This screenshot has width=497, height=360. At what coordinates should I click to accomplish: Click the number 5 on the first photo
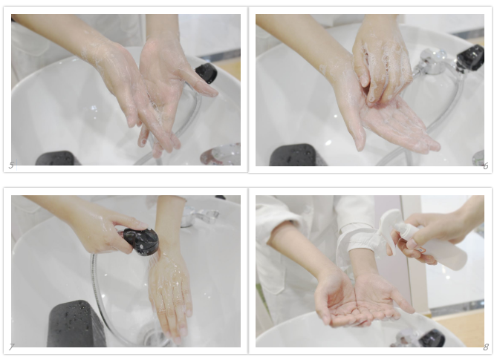click(x=11, y=165)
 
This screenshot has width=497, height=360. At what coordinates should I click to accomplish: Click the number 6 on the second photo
click(x=486, y=166)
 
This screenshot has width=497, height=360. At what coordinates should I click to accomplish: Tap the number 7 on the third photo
click(x=11, y=347)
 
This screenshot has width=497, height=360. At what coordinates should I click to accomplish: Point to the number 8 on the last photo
click(x=486, y=347)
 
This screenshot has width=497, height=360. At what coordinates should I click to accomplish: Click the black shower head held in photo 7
click(x=140, y=241)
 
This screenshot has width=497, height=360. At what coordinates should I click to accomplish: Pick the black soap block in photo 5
click(x=57, y=158)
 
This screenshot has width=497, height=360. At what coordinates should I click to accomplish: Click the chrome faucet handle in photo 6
click(x=432, y=61)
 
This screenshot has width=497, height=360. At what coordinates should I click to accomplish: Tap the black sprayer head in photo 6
click(x=471, y=57)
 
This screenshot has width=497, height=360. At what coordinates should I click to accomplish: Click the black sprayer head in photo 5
click(x=207, y=73)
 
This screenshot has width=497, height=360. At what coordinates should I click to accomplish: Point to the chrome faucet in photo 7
click(x=200, y=216)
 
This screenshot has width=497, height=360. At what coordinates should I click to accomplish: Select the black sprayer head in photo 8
click(x=432, y=338)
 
